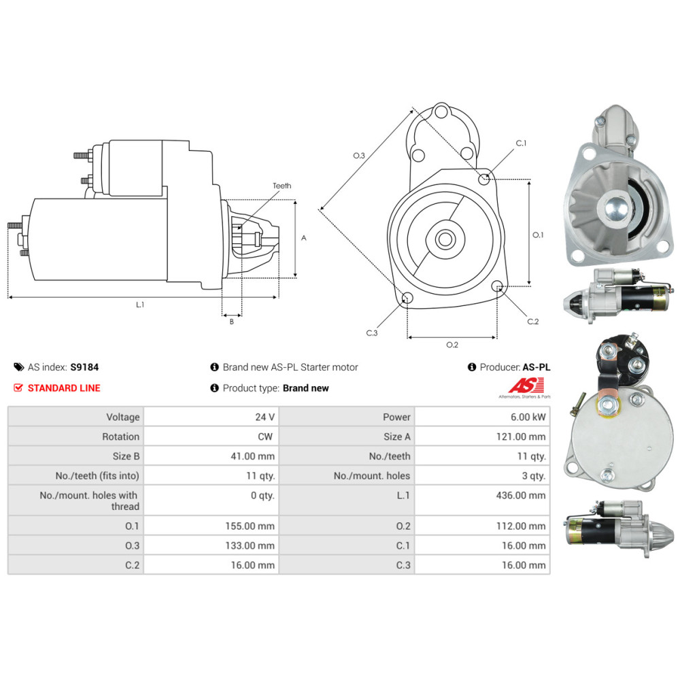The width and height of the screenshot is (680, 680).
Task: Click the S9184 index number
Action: click(x=84, y=367)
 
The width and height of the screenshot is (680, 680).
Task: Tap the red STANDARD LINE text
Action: click(x=64, y=388)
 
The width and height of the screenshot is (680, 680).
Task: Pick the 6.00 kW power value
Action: click(x=528, y=418)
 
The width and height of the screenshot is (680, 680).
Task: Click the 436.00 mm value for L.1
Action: click(x=521, y=495)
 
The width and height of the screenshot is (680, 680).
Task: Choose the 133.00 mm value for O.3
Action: click(x=250, y=545)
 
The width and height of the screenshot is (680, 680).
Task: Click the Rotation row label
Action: click(x=120, y=437)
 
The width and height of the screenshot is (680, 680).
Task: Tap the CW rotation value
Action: click(x=265, y=437)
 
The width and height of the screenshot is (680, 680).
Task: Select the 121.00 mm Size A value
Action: click(x=521, y=437)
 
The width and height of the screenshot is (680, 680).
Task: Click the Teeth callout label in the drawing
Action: click(x=282, y=186)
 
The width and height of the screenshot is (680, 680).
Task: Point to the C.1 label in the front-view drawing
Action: click(x=521, y=143)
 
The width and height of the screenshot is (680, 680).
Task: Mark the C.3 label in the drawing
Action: click(x=372, y=333)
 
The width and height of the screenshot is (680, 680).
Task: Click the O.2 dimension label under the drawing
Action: click(x=452, y=345)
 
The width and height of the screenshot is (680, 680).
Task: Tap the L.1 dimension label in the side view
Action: click(x=139, y=305)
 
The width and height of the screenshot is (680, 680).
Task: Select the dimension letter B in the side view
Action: click(x=232, y=322)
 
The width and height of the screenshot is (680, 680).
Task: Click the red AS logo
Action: click(x=526, y=385)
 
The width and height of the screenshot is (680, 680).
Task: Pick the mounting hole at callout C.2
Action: click(x=498, y=286)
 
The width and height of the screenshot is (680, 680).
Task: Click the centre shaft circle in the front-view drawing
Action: click(x=445, y=239)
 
